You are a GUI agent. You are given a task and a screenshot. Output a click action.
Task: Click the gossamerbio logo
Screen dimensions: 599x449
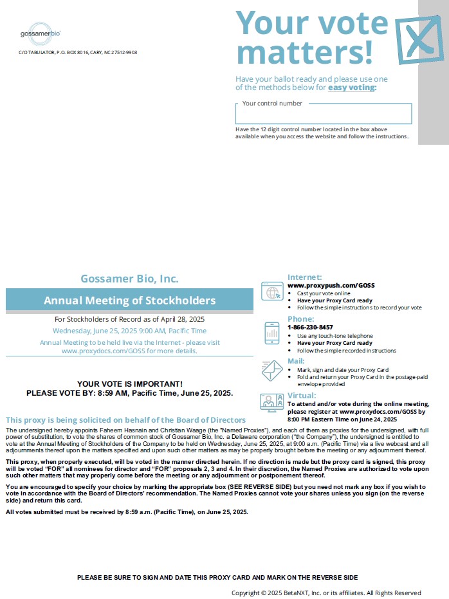click(41, 33)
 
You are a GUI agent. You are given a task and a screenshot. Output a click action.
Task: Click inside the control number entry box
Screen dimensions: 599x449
click(323, 115)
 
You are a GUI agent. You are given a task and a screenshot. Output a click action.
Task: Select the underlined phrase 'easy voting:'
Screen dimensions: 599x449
click(352, 88)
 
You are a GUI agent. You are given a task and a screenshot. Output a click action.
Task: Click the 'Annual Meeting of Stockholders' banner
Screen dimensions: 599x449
click(129, 300)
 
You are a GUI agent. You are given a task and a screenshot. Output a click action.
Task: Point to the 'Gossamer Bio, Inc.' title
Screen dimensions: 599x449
click(129, 279)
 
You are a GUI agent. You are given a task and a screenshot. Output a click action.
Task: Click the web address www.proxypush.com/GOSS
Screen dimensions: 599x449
click(331, 285)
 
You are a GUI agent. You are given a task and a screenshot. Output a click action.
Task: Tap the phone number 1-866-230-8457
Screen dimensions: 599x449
click(310, 327)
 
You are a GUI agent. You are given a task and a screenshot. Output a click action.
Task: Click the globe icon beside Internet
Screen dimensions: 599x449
click(271, 292)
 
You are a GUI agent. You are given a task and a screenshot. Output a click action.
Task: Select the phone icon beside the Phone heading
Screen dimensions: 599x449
click(271, 333)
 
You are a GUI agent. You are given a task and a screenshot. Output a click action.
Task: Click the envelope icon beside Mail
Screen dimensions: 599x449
click(271, 370)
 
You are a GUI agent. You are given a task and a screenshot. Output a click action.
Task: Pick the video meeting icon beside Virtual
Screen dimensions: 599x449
click(271, 403)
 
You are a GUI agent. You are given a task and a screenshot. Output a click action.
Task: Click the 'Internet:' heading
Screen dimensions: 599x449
click(305, 277)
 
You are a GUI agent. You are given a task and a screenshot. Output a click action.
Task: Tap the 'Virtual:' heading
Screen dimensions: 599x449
click(302, 396)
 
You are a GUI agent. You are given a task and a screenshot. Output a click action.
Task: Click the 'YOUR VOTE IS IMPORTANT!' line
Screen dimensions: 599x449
click(129, 383)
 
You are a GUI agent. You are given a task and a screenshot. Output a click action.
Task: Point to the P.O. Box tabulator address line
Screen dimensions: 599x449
click(78, 52)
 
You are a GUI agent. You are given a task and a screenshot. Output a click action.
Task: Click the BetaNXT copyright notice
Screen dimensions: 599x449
click(326, 593)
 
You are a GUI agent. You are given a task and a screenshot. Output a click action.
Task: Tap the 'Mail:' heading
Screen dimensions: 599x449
click(296, 362)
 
